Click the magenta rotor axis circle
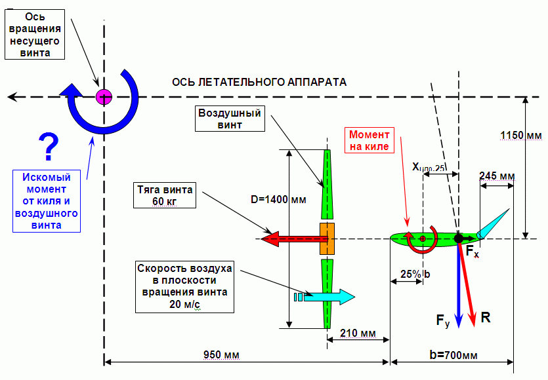pyautogui.click(x=104, y=97)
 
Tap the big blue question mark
pyautogui.click(x=49, y=147)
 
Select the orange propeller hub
pyautogui.click(x=327, y=238)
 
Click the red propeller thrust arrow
pyautogui.click(x=294, y=239)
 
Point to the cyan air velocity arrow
pyautogui.click(x=325, y=297)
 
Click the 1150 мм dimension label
pyautogui.click(x=521, y=136)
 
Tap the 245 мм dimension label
pyautogui.click(x=497, y=176)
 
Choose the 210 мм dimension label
pyautogui.click(x=358, y=333)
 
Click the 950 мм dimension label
pyautogui.click(x=222, y=355)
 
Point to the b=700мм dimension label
pyautogui.click(x=453, y=355)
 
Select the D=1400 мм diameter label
pyautogui.click(x=278, y=200)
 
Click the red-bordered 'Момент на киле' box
pyautogui.click(x=369, y=140)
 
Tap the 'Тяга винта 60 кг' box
pyautogui.click(x=165, y=195)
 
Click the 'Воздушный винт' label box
pyautogui.click(x=230, y=119)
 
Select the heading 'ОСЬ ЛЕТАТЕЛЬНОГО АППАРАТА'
pyautogui.click(x=259, y=83)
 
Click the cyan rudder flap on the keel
pyautogui.click(x=494, y=223)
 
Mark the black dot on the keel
pyautogui.click(x=459, y=238)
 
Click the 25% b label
pyautogui.click(x=415, y=275)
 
